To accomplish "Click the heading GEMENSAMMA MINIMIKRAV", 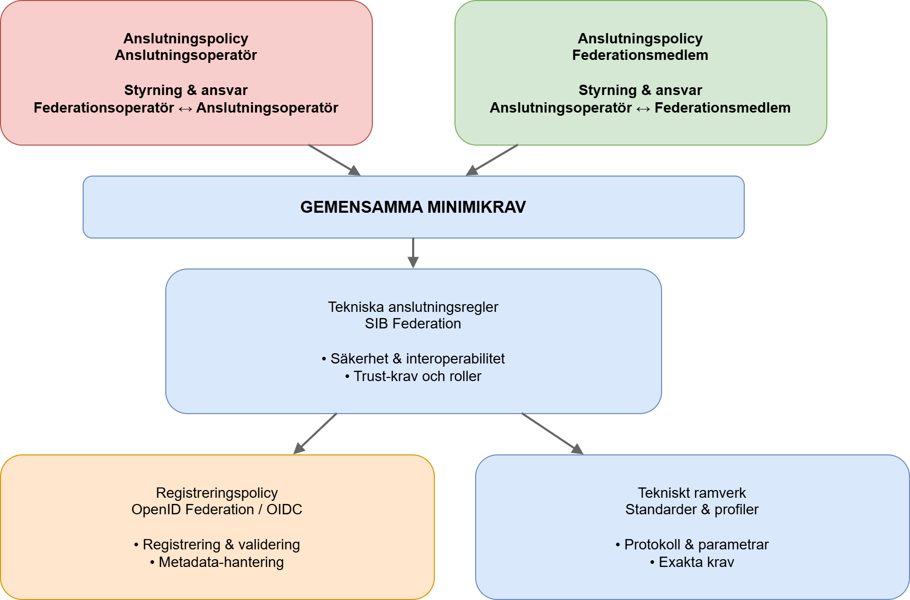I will [x=413, y=207].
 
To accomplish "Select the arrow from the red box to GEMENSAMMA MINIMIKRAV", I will [x=334, y=160].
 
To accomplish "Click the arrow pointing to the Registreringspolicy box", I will [x=316, y=433].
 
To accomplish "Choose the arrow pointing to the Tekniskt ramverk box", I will [x=552, y=433].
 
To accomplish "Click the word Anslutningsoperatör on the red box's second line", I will [x=186, y=55].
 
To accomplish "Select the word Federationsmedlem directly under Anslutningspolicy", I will [x=640, y=55].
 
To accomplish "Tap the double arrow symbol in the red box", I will [x=185, y=108].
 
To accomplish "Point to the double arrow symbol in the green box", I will [x=643, y=108].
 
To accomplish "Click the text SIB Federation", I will [x=413, y=324].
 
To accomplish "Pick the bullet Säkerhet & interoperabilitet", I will [x=413, y=359].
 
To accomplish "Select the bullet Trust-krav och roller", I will [x=413, y=376].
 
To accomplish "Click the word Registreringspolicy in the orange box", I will [x=217, y=493].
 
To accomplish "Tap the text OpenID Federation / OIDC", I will [x=217, y=510].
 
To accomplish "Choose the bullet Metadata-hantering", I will [x=217, y=562].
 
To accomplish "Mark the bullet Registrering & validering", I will [x=217, y=545].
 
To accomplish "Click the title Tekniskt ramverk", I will [x=692, y=493].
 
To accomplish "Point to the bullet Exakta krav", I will [x=692, y=562].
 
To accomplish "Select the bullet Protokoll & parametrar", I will [x=692, y=545].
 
